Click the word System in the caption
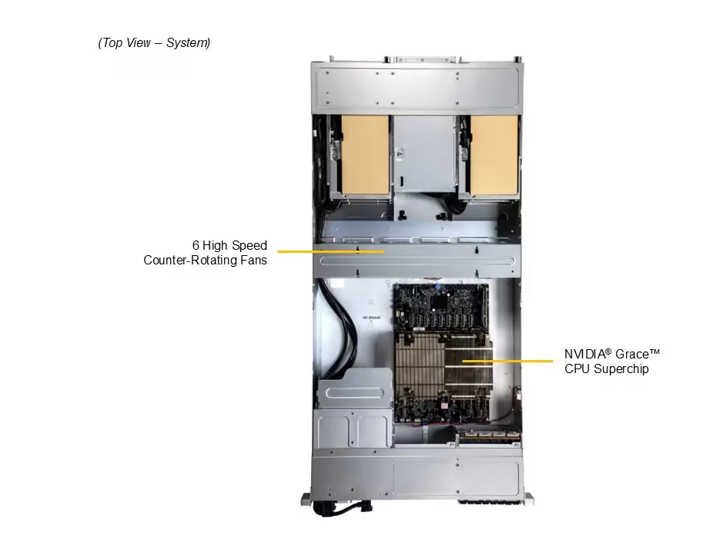188,43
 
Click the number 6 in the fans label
196,245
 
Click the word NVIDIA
584,354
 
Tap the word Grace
632,354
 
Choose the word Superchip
621,368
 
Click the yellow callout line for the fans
330,251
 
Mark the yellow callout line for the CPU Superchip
507,361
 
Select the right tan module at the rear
494,155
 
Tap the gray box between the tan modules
424,153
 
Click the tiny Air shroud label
372,318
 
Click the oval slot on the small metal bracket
354,393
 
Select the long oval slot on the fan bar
417,261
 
